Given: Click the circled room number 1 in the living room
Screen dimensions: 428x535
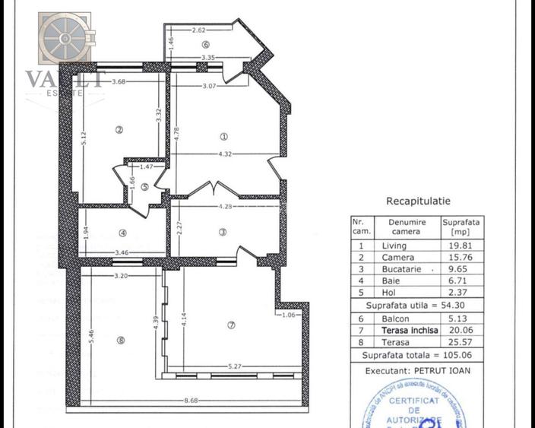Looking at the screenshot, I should pyautogui.click(x=223, y=137).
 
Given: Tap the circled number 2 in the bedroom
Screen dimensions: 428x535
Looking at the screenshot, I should pyautogui.click(x=119, y=129).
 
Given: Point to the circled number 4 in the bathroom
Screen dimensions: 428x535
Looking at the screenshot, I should pyautogui.click(x=122, y=233).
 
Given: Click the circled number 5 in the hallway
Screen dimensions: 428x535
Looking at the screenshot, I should pyautogui.click(x=144, y=186).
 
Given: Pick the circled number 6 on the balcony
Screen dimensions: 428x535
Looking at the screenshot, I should pyautogui.click(x=205, y=44).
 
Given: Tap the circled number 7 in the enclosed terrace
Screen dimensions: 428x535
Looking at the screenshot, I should pyautogui.click(x=233, y=325).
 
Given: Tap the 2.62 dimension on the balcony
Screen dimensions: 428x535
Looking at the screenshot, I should pyautogui.click(x=199, y=30).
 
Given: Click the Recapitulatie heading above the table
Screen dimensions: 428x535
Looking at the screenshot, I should pyautogui.click(x=419, y=201).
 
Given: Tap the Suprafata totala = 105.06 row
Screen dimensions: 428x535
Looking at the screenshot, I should pyautogui.click(x=416, y=355).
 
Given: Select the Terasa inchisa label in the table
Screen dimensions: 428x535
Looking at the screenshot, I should pyautogui.click(x=411, y=331).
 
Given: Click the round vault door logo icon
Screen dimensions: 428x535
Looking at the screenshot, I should pyautogui.click(x=65, y=37).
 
